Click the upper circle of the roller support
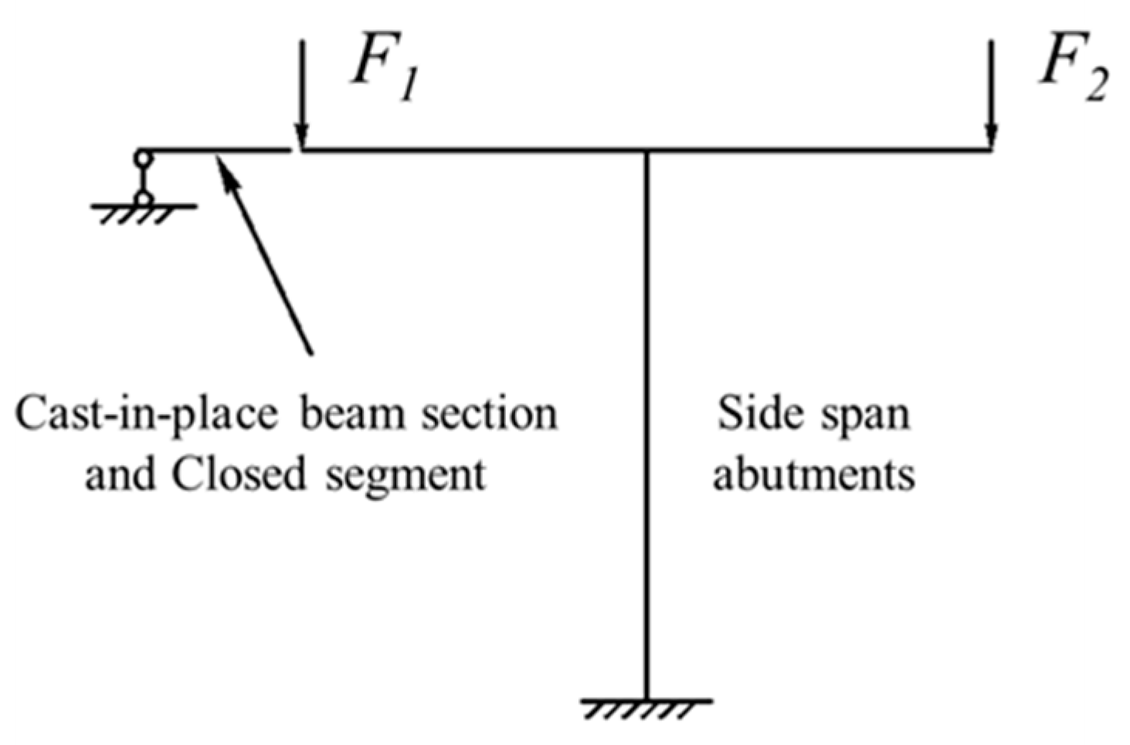point(143,158)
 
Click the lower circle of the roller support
point(143,199)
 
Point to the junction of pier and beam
point(646,150)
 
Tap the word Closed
point(239,473)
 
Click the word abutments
point(813,473)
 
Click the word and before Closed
point(117,473)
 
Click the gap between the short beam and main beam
point(295,150)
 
